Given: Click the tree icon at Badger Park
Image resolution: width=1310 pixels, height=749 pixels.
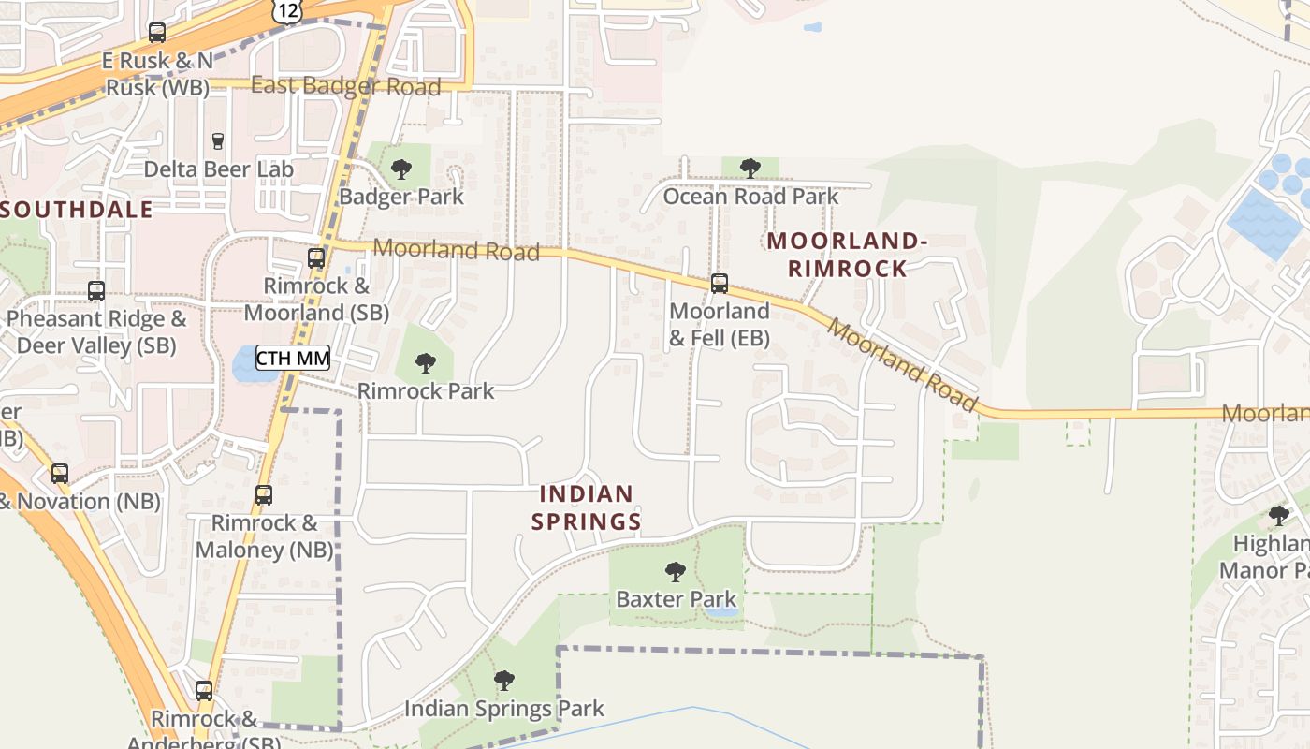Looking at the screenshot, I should point(401,169).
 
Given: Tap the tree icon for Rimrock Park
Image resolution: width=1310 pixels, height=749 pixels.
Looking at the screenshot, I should point(426,362).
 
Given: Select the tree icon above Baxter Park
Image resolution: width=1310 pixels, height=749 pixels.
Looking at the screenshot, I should point(675,571).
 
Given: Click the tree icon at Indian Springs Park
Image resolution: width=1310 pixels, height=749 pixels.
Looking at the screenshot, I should point(504,680).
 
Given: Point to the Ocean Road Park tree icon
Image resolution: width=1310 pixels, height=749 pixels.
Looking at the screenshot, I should point(750,169).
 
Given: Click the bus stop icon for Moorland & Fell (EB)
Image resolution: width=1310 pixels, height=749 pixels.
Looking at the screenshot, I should point(719,283).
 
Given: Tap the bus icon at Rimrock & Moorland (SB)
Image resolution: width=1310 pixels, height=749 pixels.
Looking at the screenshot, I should point(316,258).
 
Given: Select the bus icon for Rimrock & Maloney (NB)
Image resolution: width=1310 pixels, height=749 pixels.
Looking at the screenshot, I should point(264,495).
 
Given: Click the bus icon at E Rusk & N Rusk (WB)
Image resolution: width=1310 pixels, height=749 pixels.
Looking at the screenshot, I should point(157,34).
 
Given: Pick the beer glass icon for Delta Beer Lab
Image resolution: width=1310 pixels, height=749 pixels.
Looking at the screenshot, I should point(218,141).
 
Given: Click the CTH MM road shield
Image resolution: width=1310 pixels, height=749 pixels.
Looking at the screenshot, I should point(293,358).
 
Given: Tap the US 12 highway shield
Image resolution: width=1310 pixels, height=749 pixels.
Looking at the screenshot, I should point(287,11).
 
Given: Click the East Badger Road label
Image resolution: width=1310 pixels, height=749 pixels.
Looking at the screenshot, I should point(346,87).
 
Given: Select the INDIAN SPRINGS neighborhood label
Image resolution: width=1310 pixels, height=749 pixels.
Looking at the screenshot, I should point(587,507).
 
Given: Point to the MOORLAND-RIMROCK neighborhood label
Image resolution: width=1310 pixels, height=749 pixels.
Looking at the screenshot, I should point(847,255).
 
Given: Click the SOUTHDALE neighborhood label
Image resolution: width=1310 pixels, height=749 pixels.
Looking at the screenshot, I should point(77,209).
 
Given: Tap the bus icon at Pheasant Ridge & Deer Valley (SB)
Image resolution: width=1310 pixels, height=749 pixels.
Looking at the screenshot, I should point(95,291).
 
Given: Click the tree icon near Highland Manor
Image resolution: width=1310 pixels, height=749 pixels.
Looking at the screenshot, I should point(1278,515).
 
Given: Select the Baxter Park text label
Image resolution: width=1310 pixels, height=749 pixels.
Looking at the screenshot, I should point(676,599).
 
